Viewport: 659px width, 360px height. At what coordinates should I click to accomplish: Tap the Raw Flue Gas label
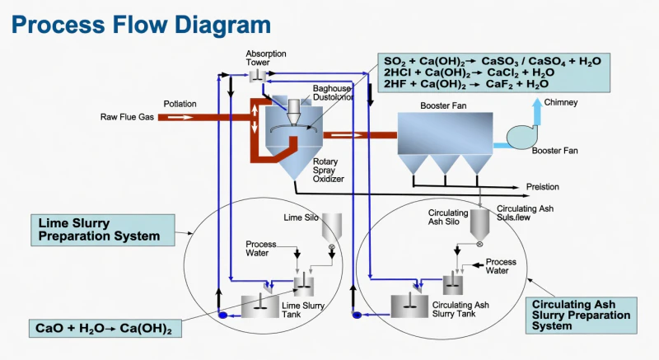point(128,117)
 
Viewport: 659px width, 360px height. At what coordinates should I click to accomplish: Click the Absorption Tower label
point(265,58)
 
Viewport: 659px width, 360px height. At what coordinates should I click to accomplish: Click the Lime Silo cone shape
point(333,225)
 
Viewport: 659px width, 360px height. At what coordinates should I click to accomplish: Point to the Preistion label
point(543,187)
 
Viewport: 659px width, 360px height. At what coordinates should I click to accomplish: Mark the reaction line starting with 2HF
point(466,84)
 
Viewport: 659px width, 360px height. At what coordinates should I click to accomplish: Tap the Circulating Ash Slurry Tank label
point(461,310)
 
